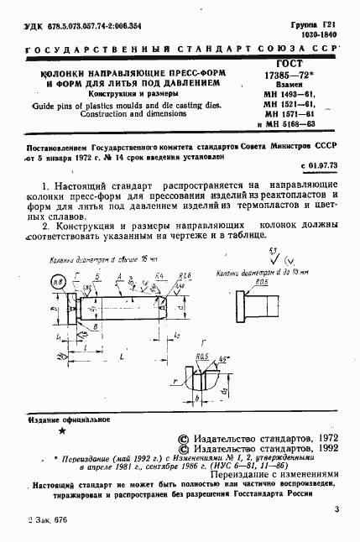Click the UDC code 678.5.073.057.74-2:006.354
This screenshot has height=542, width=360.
coord(76,27)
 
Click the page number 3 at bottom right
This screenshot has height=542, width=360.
coord(336,509)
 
